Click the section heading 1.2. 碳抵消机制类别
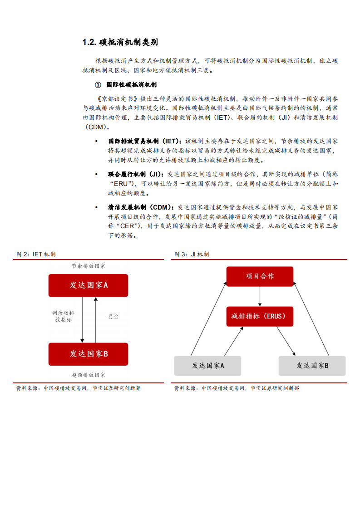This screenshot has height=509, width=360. pyautogui.click(x=120, y=43)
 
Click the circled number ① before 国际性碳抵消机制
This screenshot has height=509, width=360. pyautogui.click(x=97, y=85)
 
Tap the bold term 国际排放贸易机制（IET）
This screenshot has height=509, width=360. pyautogui.click(x=144, y=141)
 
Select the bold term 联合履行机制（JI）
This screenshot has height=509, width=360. pyautogui.click(x=135, y=174)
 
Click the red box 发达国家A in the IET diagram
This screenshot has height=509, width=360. pyautogui.click(x=89, y=285)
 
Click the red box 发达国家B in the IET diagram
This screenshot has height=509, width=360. pyautogui.click(x=89, y=354)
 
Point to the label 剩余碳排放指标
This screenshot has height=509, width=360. pyautogui.click(x=64, y=316)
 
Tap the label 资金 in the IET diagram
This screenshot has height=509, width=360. pyautogui.click(x=113, y=316)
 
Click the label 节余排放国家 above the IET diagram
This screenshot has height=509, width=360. pyautogui.click(x=89, y=266)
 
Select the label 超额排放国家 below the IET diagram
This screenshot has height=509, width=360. pyautogui.click(x=89, y=375)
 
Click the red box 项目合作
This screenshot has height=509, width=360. pyautogui.click(x=260, y=276)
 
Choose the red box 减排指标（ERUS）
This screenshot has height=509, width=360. pyautogui.click(x=260, y=316)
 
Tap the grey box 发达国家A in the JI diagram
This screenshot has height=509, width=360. pyautogui.click(x=208, y=366)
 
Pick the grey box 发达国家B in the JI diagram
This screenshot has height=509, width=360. pyautogui.click(x=312, y=366)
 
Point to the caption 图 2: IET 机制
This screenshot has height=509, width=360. pyautogui.click(x=36, y=254)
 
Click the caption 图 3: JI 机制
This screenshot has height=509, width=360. pyautogui.click(x=192, y=254)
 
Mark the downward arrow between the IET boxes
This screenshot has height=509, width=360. pyautogui.click(x=82, y=320)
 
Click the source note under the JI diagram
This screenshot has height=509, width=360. pyautogui.click(x=237, y=388)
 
